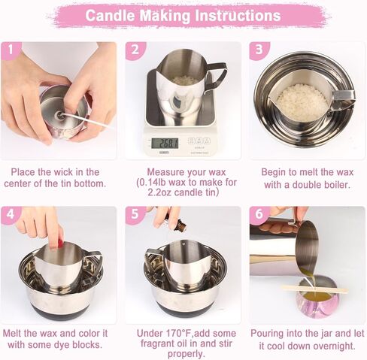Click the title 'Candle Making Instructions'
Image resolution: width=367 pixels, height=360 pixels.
coord(183,16)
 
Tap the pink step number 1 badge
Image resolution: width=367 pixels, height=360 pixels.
coord(9,50)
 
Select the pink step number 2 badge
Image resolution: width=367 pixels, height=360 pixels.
coord(134,50)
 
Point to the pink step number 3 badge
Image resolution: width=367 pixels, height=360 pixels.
coord(259,50)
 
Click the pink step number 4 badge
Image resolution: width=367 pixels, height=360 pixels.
coord(9,215)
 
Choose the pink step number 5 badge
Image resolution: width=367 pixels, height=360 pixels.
coord(134,215)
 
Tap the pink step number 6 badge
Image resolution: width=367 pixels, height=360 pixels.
coord(259,215)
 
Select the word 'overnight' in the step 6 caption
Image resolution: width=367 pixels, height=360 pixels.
coord(329,346)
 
